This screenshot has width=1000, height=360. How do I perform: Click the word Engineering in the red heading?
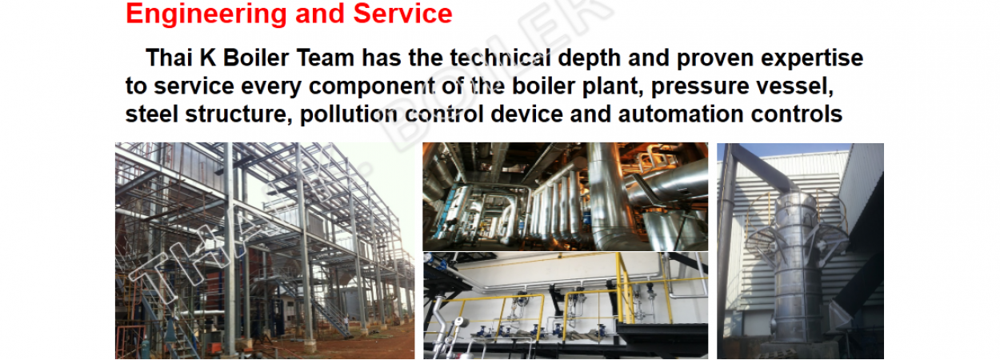coord(206,14)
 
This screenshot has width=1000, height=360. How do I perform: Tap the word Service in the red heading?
coord(402,14)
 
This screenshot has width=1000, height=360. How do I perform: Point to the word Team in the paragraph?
coord(326,58)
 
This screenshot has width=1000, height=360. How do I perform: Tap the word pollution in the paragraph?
coord(349,114)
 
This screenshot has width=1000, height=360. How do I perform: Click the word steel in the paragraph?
coord(152,114)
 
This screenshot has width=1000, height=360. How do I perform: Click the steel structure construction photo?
coord(265,250)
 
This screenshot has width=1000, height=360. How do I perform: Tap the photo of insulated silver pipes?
coord(565,197)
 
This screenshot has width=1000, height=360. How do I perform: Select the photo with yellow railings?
coord(565,306)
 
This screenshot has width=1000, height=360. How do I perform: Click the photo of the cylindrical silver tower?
coord(801,250)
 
